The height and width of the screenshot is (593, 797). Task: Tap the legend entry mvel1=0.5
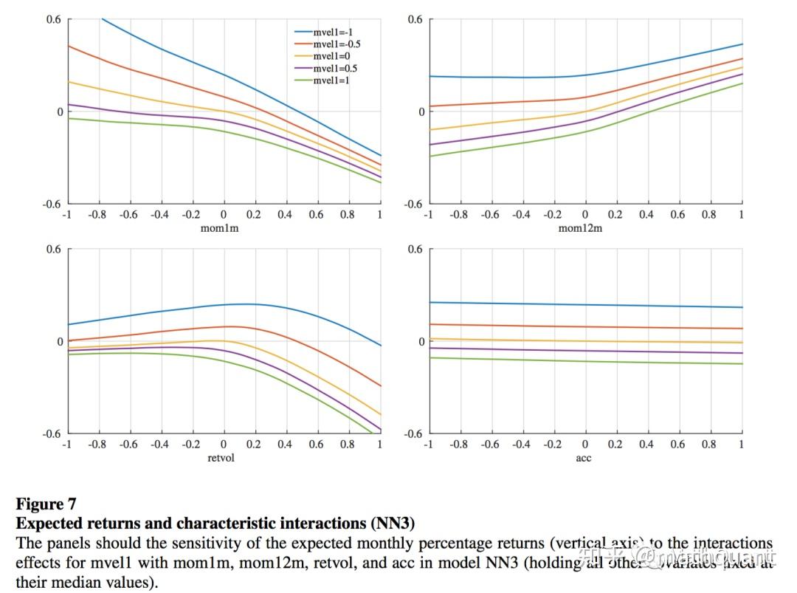point(336,68)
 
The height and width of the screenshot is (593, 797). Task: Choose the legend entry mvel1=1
point(331,80)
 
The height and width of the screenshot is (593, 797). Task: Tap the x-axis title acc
point(584,458)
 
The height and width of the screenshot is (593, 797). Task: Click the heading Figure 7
point(46,504)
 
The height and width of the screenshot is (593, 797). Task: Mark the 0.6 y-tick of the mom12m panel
point(415,19)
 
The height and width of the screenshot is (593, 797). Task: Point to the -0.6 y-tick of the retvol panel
point(53,433)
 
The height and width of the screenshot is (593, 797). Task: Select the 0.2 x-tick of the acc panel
point(615,445)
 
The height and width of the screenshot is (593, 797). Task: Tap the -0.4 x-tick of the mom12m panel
point(522,215)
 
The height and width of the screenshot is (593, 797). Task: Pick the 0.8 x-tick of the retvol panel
point(348,445)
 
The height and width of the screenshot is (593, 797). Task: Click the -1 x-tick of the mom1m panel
point(67,215)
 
